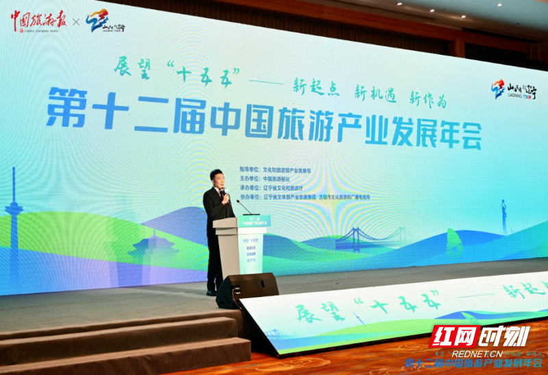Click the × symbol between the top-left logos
(x=76, y=22)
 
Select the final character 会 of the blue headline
(x=465, y=135)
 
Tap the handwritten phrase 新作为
(x=427, y=99)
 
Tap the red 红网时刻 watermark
(x=479, y=337)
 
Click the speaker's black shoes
(x=212, y=292)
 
